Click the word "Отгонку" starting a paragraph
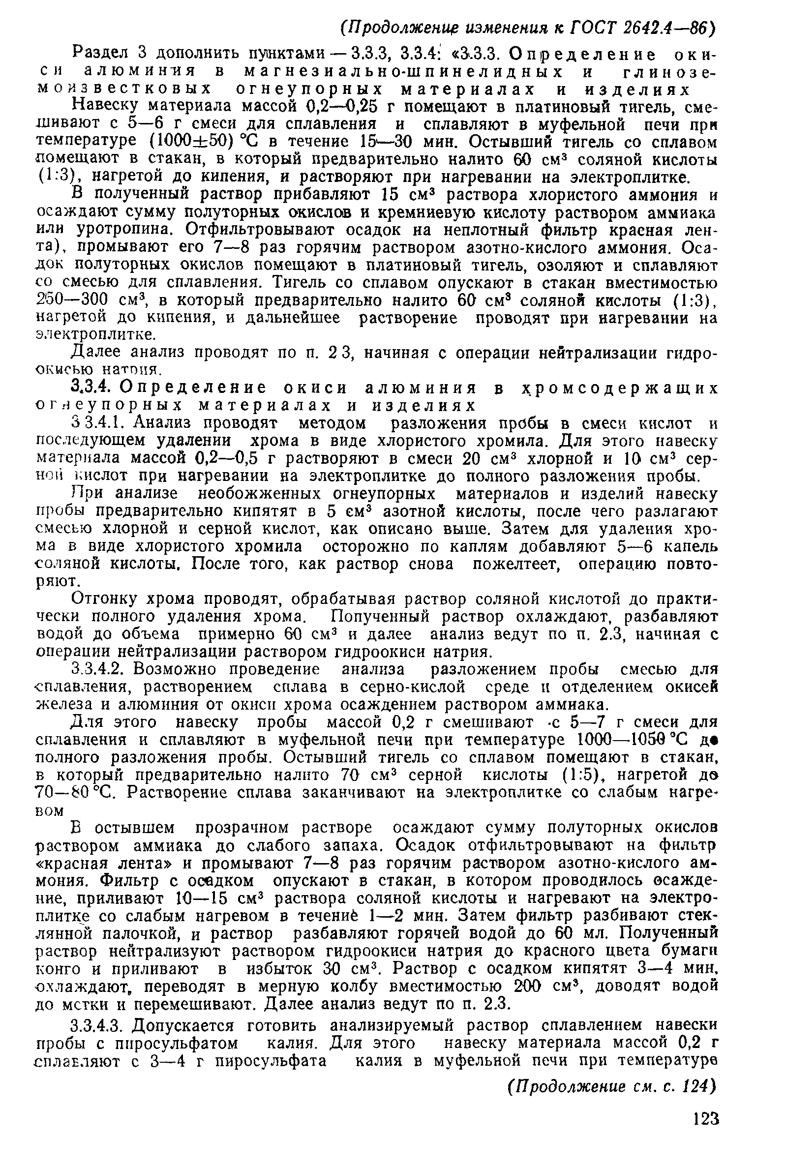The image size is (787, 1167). tap(105, 598)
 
